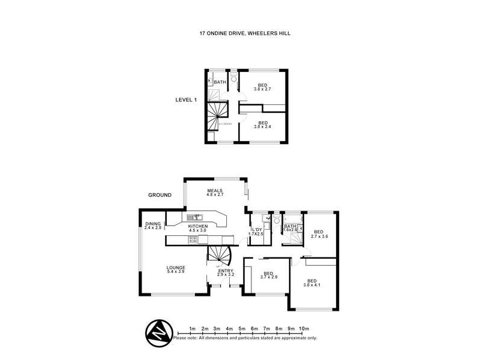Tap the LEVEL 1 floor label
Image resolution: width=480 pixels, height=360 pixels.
point(187,100)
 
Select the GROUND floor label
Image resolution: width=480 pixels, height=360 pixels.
point(160,195)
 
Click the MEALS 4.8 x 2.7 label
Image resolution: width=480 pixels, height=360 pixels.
point(215,193)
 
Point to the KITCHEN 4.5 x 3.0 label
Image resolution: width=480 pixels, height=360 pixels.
point(197,228)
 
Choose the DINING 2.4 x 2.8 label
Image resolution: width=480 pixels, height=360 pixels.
point(153,226)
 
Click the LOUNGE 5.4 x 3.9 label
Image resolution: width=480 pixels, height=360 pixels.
point(176,269)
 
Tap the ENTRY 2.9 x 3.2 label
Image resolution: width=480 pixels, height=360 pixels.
point(226,274)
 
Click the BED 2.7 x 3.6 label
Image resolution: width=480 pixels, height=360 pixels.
point(318,234)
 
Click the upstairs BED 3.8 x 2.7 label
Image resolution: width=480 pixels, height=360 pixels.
point(262,87)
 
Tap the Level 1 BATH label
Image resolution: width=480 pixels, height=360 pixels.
point(220,82)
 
